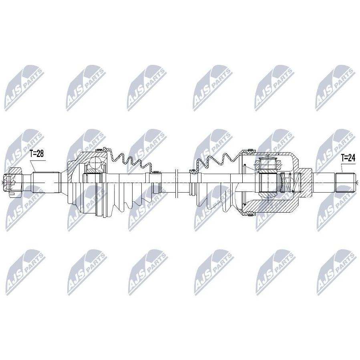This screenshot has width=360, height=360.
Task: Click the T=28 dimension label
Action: [x=37, y=154]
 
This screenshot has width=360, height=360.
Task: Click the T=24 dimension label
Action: [x=348, y=158]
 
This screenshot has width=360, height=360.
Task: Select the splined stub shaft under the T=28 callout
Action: [x=46, y=183]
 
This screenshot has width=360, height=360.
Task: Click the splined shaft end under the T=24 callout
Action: [x=345, y=183]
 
